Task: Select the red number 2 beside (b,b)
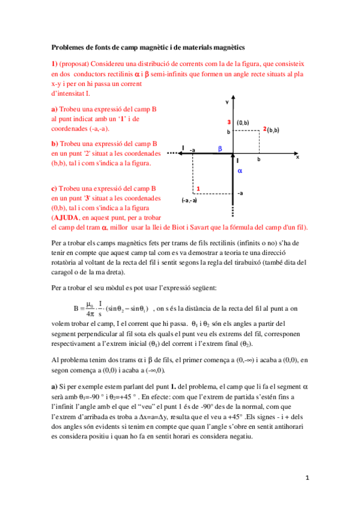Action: coord(265,129)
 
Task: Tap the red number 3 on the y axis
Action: coord(229,122)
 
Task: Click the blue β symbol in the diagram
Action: coord(220,147)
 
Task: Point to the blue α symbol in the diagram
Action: coord(240,171)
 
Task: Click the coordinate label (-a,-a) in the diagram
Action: coord(189,200)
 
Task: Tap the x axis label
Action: coord(297,156)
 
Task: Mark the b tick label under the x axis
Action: coord(259,161)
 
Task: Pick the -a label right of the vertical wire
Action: coord(240,193)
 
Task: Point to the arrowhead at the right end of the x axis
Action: coord(297,152)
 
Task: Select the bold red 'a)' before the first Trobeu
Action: coord(54,109)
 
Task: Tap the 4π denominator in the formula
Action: coord(91,313)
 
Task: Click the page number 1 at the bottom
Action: coord(307,478)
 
